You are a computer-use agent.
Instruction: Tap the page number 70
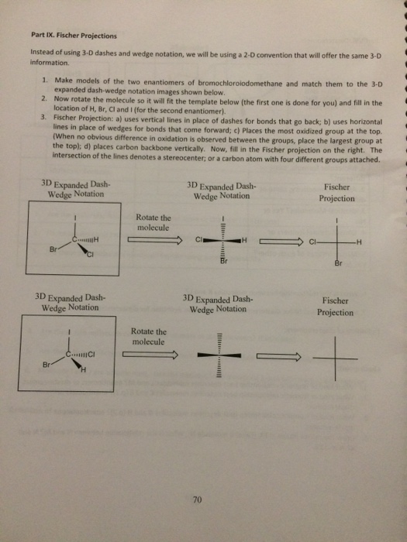coord(197,501)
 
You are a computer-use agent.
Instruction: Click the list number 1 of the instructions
coord(45,81)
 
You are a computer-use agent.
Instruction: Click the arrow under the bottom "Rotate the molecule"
coord(154,355)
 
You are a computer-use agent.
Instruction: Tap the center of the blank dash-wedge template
coord(222,357)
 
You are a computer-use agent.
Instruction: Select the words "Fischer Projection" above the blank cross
coord(336,307)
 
